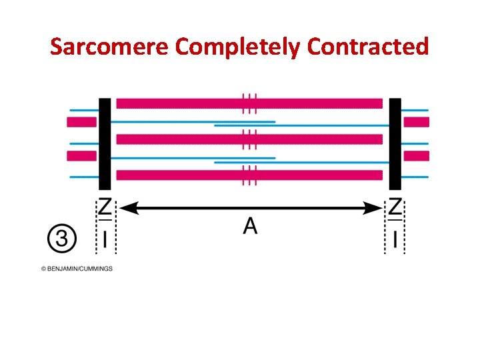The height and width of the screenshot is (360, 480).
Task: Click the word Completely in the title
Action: pyautogui.click(x=237, y=47)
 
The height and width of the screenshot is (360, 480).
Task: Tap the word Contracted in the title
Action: pyautogui.click(x=367, y=47)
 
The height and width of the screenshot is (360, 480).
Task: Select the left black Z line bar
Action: pyautogui.click(x=105, y=144)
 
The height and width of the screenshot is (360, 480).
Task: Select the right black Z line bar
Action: pyautogui.click(x=395, y=144)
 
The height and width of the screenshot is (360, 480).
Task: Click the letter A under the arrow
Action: pyautogui.click(x=250, y=227)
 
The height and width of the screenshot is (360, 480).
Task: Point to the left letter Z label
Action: pyautogui.click(x=105, y=207)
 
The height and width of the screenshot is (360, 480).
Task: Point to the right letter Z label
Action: pyautogui.click(x=395, y=207)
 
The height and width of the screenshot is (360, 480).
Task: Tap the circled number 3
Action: pyautogui.click(x=62, y=238)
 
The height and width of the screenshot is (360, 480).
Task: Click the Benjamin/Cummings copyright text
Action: pyautogui.click(x=77, y=269)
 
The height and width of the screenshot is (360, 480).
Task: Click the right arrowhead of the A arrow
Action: pyautogui.click(x=373, y=209)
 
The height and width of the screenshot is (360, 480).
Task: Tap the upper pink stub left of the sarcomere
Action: pyautogui.click(x=81, y=122)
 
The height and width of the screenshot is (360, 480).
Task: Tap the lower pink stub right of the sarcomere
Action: pyautogui.click(x=417, y=156)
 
